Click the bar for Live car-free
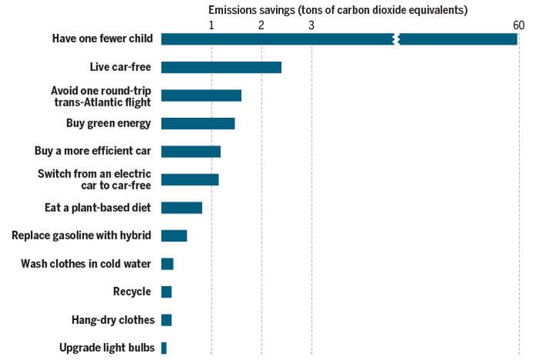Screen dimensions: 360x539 [x=221, y=67]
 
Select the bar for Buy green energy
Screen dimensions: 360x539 [x=197, y=123]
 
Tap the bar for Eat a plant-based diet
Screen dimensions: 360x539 [x=181, y=207]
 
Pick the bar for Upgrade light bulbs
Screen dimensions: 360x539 [x=163, y=348]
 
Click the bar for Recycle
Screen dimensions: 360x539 [x=166, y=291]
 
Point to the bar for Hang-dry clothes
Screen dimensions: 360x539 [x=166, y=320]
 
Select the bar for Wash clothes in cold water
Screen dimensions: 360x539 [x=167, y=264]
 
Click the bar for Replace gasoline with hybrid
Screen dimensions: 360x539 [x=173, y=236]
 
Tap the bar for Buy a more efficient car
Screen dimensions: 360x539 [x=190, y=151]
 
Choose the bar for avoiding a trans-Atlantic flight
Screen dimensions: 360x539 [x=200, y=96]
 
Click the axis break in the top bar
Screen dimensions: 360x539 [x=396, y=39]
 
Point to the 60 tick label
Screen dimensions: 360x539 [x=518, y=25]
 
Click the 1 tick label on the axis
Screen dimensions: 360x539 [x=211, y=25]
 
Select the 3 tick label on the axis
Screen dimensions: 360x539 [x=312, y=25]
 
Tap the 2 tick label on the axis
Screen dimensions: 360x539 [x=261, y=25]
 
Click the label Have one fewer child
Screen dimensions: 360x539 [x=103, y=39]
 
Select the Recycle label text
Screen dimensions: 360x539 [x=132, y=291]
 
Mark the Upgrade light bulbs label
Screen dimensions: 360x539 [x=106, y=348]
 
